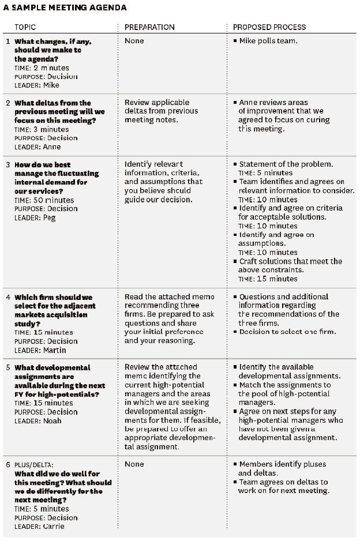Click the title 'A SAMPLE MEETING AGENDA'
[65, 7]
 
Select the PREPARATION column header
[149, 27]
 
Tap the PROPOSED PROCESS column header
[269, 27]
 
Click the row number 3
[7, 164]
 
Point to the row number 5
[7, 367]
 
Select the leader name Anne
[52, 147]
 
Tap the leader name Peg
[50, 218]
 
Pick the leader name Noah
[52, 421]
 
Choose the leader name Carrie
[54, 527]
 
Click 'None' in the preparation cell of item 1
[134, 41]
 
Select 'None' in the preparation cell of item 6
[134, 464]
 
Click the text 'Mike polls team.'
[268, 41]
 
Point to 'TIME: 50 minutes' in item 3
[44, 200]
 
